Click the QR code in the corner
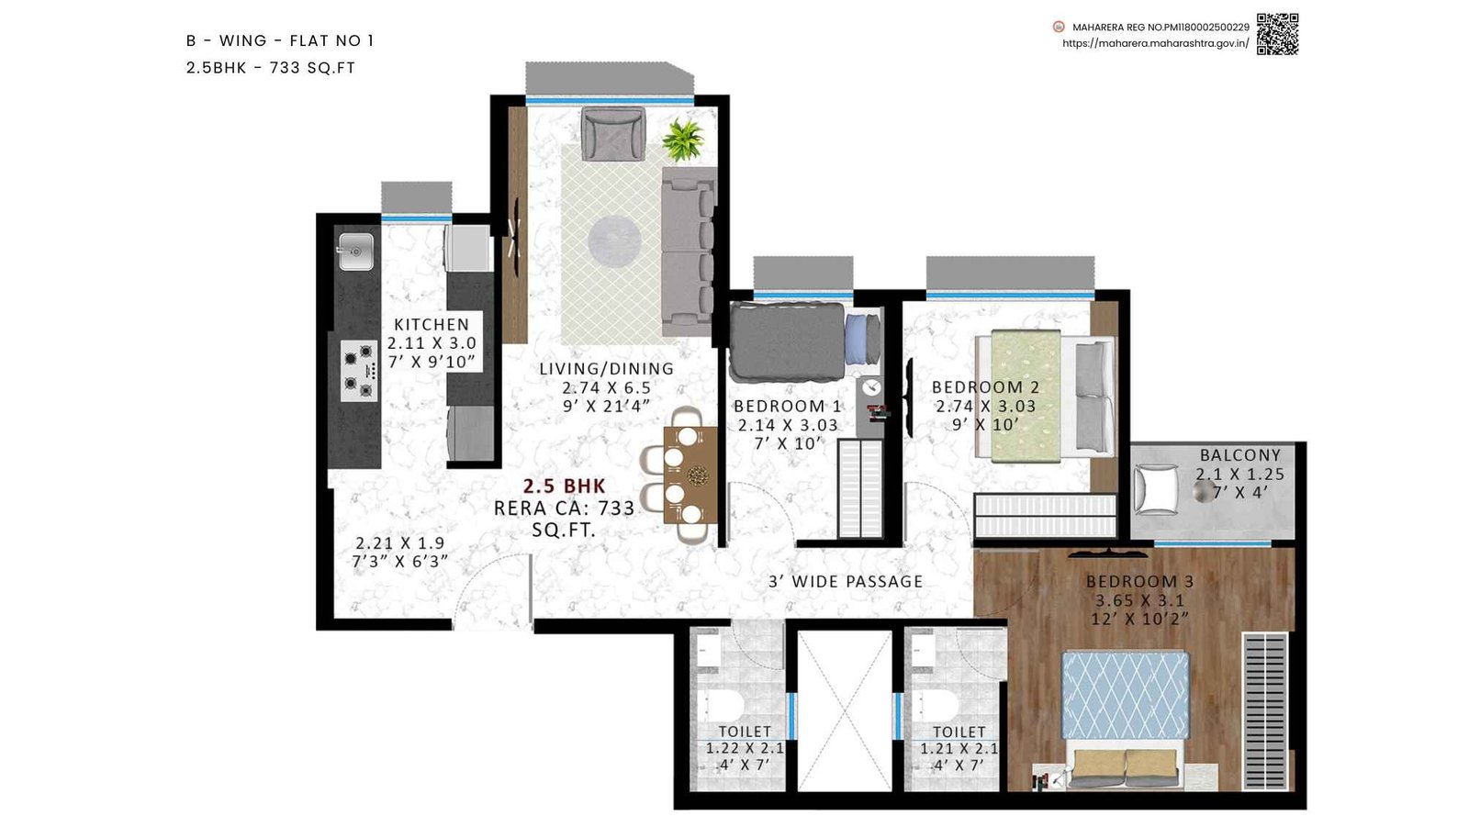(1277, 34)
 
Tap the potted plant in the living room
(683, 140)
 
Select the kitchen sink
(355, 251)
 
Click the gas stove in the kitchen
(358, 371)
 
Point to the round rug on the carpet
(614, 240)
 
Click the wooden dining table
(690, 475)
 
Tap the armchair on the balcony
(1157, 490)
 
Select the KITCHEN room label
(432, 325)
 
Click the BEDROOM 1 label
(787, 406)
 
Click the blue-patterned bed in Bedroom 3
(1126, 695)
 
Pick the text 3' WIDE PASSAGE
(846, 582)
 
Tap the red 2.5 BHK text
(565, 486)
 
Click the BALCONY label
(1239, 455)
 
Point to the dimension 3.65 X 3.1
(1139, 601)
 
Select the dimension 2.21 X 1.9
(400, 543)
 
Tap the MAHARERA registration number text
(1161, 28)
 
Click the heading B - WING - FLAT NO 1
(280, 40)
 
